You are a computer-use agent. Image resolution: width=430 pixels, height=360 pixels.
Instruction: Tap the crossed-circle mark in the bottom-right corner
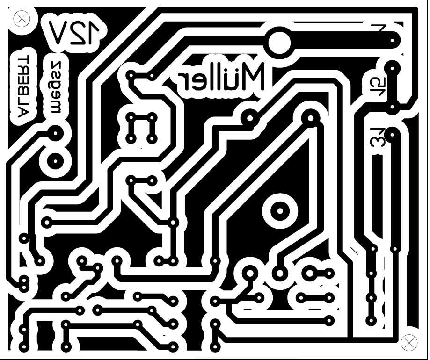click(x=409, y=342)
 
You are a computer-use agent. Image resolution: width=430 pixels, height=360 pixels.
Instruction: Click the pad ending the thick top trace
click(x=392, y=42)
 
